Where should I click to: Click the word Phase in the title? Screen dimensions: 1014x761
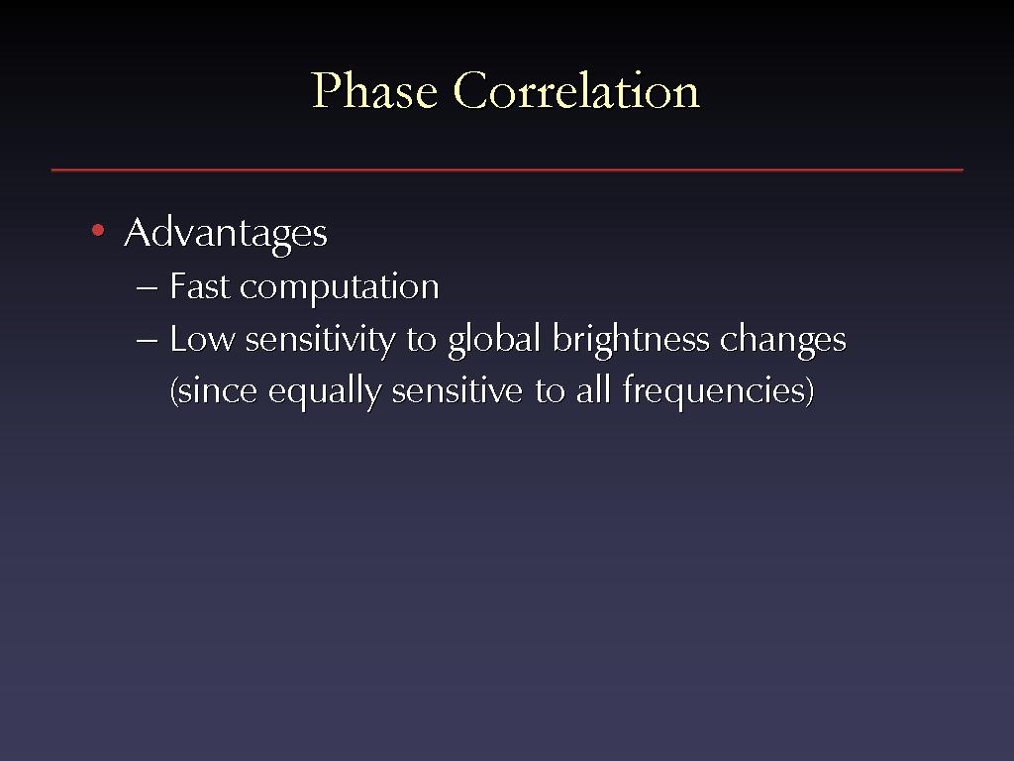point(374,90)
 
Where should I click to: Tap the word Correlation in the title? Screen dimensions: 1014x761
point(576,90)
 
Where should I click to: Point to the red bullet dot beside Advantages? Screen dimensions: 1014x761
point(98,230)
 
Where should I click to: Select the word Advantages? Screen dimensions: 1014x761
point(226,234)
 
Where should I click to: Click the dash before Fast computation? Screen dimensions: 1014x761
point(148,288)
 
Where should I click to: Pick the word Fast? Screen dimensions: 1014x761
point(200,286)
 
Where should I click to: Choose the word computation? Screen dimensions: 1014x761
point(340,288)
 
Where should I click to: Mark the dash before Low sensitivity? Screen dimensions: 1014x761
point(148,341)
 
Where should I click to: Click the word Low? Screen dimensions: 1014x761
point(202,339)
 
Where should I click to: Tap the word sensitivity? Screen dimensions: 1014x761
point(320,341)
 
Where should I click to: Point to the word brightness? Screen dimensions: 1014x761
point(631,341)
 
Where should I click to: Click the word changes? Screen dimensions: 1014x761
point(783,341)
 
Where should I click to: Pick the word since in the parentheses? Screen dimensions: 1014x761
point(214,391)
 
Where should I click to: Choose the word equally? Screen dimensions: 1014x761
point(325,392)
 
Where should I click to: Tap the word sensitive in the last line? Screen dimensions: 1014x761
point(457,390)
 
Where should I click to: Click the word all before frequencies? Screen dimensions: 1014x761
point(593,389)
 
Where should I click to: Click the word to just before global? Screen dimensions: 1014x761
point(422,340)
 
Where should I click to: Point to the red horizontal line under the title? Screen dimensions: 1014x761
point(507,169)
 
